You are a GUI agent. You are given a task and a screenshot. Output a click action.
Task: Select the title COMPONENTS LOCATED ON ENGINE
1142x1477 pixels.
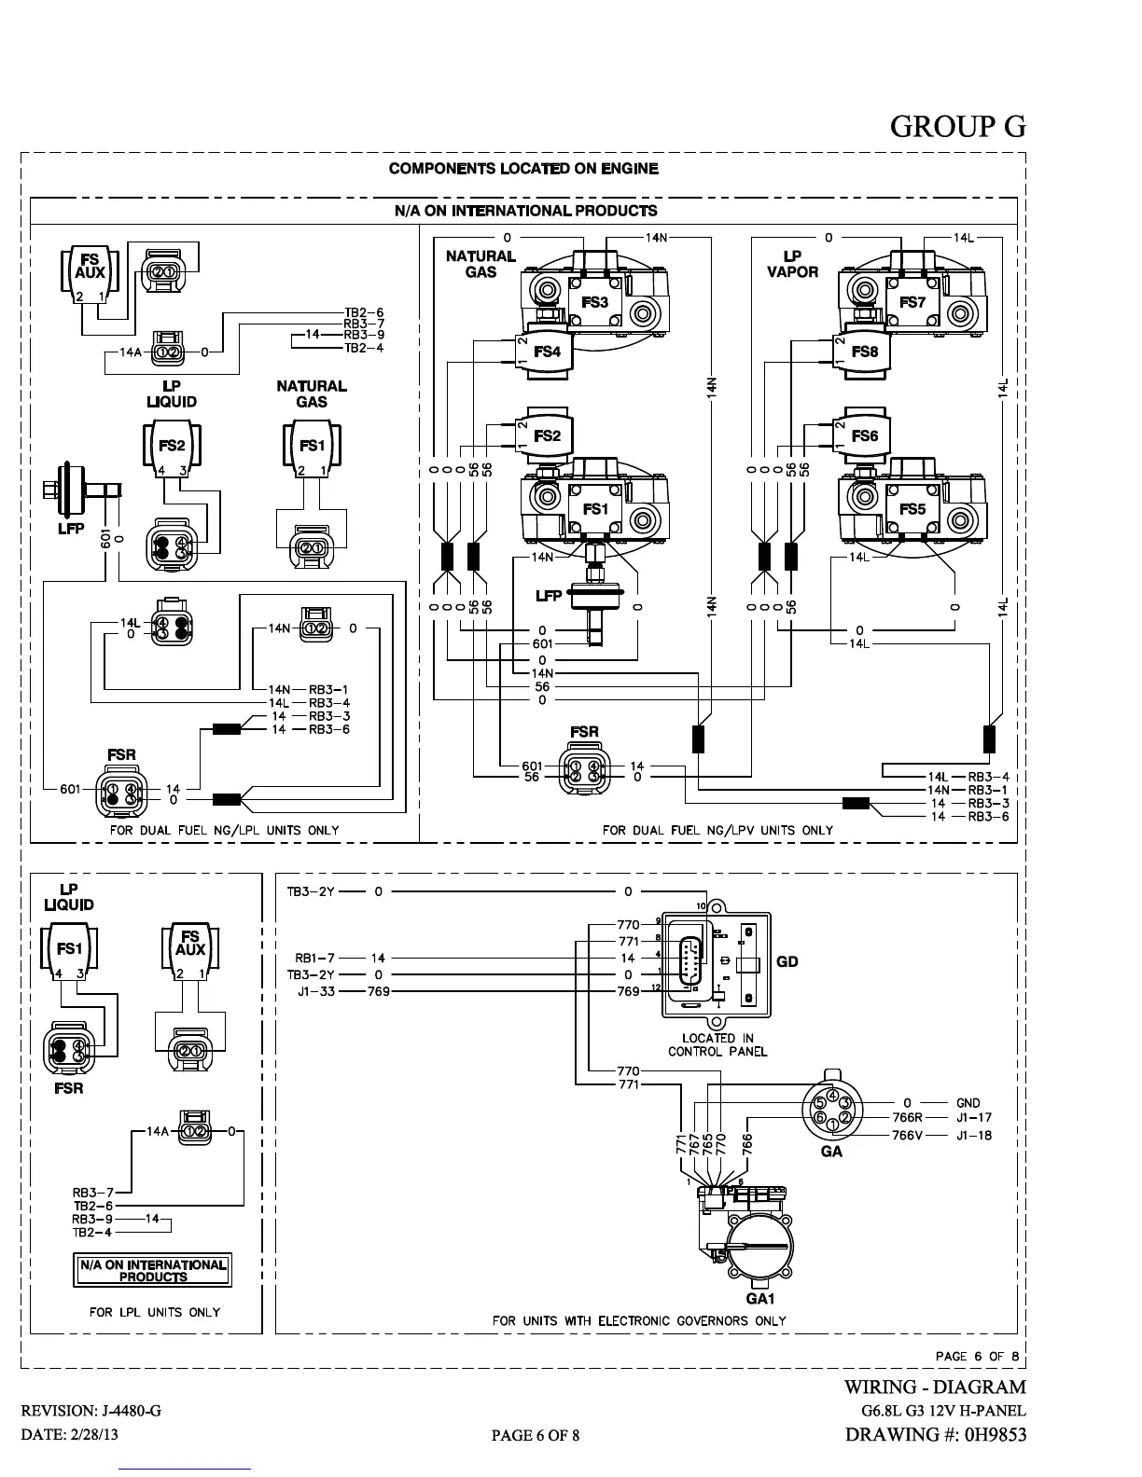point(522,169)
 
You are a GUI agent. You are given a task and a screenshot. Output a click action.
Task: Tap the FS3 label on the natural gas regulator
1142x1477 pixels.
point(594,302)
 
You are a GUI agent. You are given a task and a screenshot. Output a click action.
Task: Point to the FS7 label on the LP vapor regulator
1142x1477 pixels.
point(912,302)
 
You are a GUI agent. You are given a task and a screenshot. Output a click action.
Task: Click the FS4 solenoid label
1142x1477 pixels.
point(547,352)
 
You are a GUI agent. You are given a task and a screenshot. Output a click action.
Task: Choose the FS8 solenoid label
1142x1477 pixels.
point(865,352)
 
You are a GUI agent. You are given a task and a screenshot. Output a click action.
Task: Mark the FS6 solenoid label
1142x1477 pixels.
point(865,435)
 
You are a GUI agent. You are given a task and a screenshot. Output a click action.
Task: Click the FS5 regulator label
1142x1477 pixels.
point(912,509)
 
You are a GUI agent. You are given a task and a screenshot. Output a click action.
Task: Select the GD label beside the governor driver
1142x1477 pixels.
point(787,961)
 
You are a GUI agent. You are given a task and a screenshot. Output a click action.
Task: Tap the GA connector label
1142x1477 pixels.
point(830,1152)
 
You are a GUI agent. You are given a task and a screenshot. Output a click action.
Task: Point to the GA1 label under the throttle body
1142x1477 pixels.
point(760,1298)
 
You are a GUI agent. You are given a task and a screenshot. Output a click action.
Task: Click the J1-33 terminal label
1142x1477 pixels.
point(316,991)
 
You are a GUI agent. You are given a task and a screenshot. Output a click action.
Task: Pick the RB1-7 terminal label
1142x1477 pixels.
point(316,958)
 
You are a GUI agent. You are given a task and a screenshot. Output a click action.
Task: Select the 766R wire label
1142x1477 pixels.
point(907,1117)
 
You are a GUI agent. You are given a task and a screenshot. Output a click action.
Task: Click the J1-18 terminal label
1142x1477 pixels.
point(974,1135)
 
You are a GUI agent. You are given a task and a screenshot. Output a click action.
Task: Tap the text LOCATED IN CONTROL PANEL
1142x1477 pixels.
point(717,1044)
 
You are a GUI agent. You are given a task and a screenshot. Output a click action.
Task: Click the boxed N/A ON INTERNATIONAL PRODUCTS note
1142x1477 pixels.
point(153,1270)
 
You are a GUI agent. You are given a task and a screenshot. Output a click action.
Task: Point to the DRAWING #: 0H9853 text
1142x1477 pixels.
point(935,1434)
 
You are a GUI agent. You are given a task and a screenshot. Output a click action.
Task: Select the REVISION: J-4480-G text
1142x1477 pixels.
point(91,1411)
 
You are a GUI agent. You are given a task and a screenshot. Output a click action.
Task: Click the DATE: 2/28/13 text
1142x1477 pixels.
point(70,1434)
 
